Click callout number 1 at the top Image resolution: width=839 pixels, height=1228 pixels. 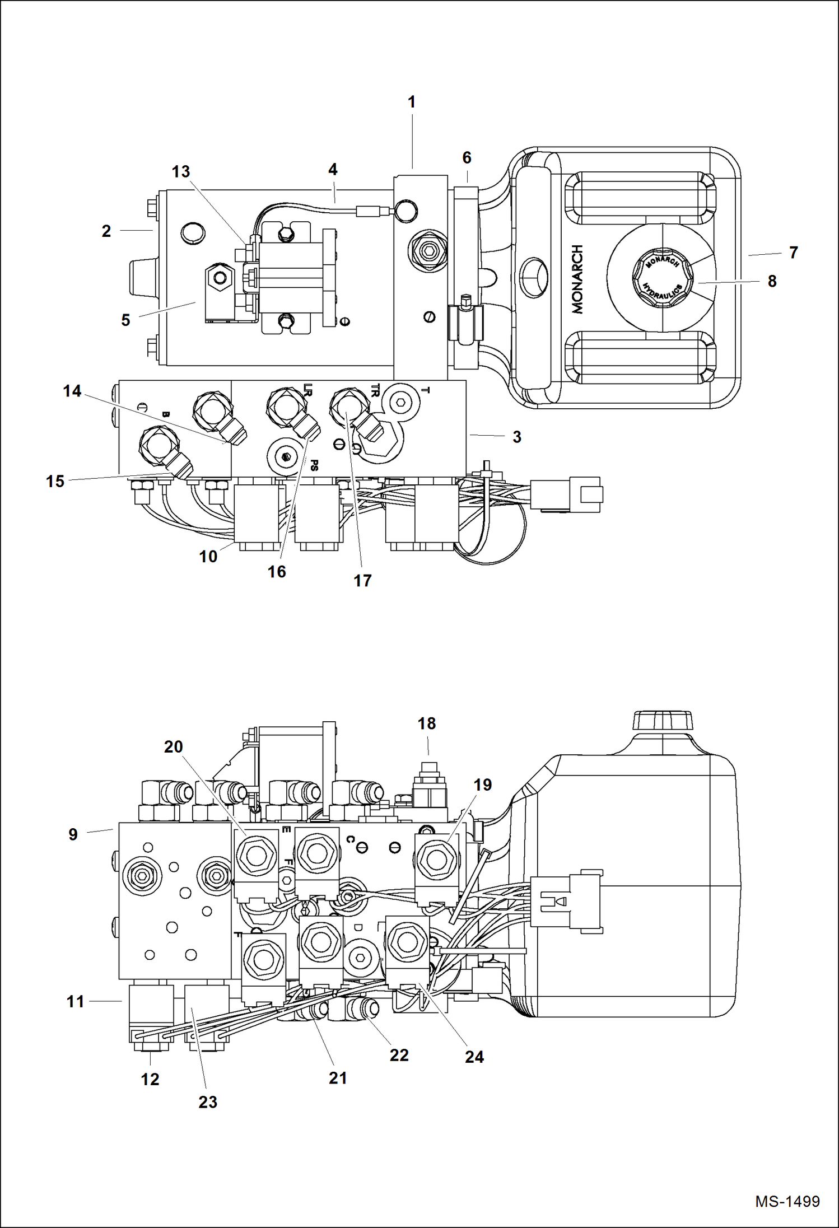[x=412, y=102]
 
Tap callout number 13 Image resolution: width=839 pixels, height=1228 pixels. [x=181, y=172]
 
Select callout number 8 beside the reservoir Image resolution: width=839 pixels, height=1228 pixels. [x=772, y=282]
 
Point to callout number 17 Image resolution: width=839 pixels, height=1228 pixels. [x=362, y=581]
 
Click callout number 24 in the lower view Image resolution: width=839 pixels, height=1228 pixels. [x=474, y=1057]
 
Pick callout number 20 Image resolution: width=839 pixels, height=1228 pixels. [x=174, y=747]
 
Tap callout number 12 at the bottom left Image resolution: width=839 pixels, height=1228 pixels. [x=150, y=1080]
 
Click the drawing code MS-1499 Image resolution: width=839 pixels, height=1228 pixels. [x=787, y=1202]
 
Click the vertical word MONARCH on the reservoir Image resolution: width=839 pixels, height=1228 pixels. [x=577, y=279]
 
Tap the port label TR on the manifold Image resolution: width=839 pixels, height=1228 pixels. [x=375, y=390]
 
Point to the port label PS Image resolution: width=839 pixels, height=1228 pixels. [x=314, y=465]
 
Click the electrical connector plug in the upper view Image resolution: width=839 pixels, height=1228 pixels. [x=567, y=494]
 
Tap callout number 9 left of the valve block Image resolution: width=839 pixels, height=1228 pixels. [x=73, y=835]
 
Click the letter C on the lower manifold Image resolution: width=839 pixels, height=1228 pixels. [x=349, y=839]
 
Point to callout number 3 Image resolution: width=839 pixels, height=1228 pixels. [x=516, y=437]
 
